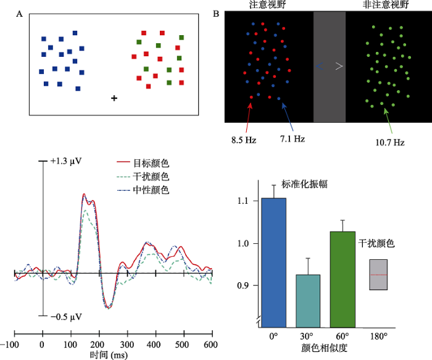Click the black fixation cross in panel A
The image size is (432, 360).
[114, 98]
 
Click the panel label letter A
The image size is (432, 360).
[20, 14]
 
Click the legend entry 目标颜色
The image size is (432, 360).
[151, 164]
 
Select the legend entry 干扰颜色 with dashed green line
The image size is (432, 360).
[151, 177]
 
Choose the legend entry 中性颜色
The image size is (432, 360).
[151, 190]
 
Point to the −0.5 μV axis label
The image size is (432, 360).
[67, 317]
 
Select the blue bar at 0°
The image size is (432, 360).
[273, 262]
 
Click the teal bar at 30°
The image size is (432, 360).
[307, 300]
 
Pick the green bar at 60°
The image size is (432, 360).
[343, 278]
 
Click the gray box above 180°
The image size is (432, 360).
[378, 274]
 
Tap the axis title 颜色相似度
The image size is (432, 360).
[325, 349]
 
